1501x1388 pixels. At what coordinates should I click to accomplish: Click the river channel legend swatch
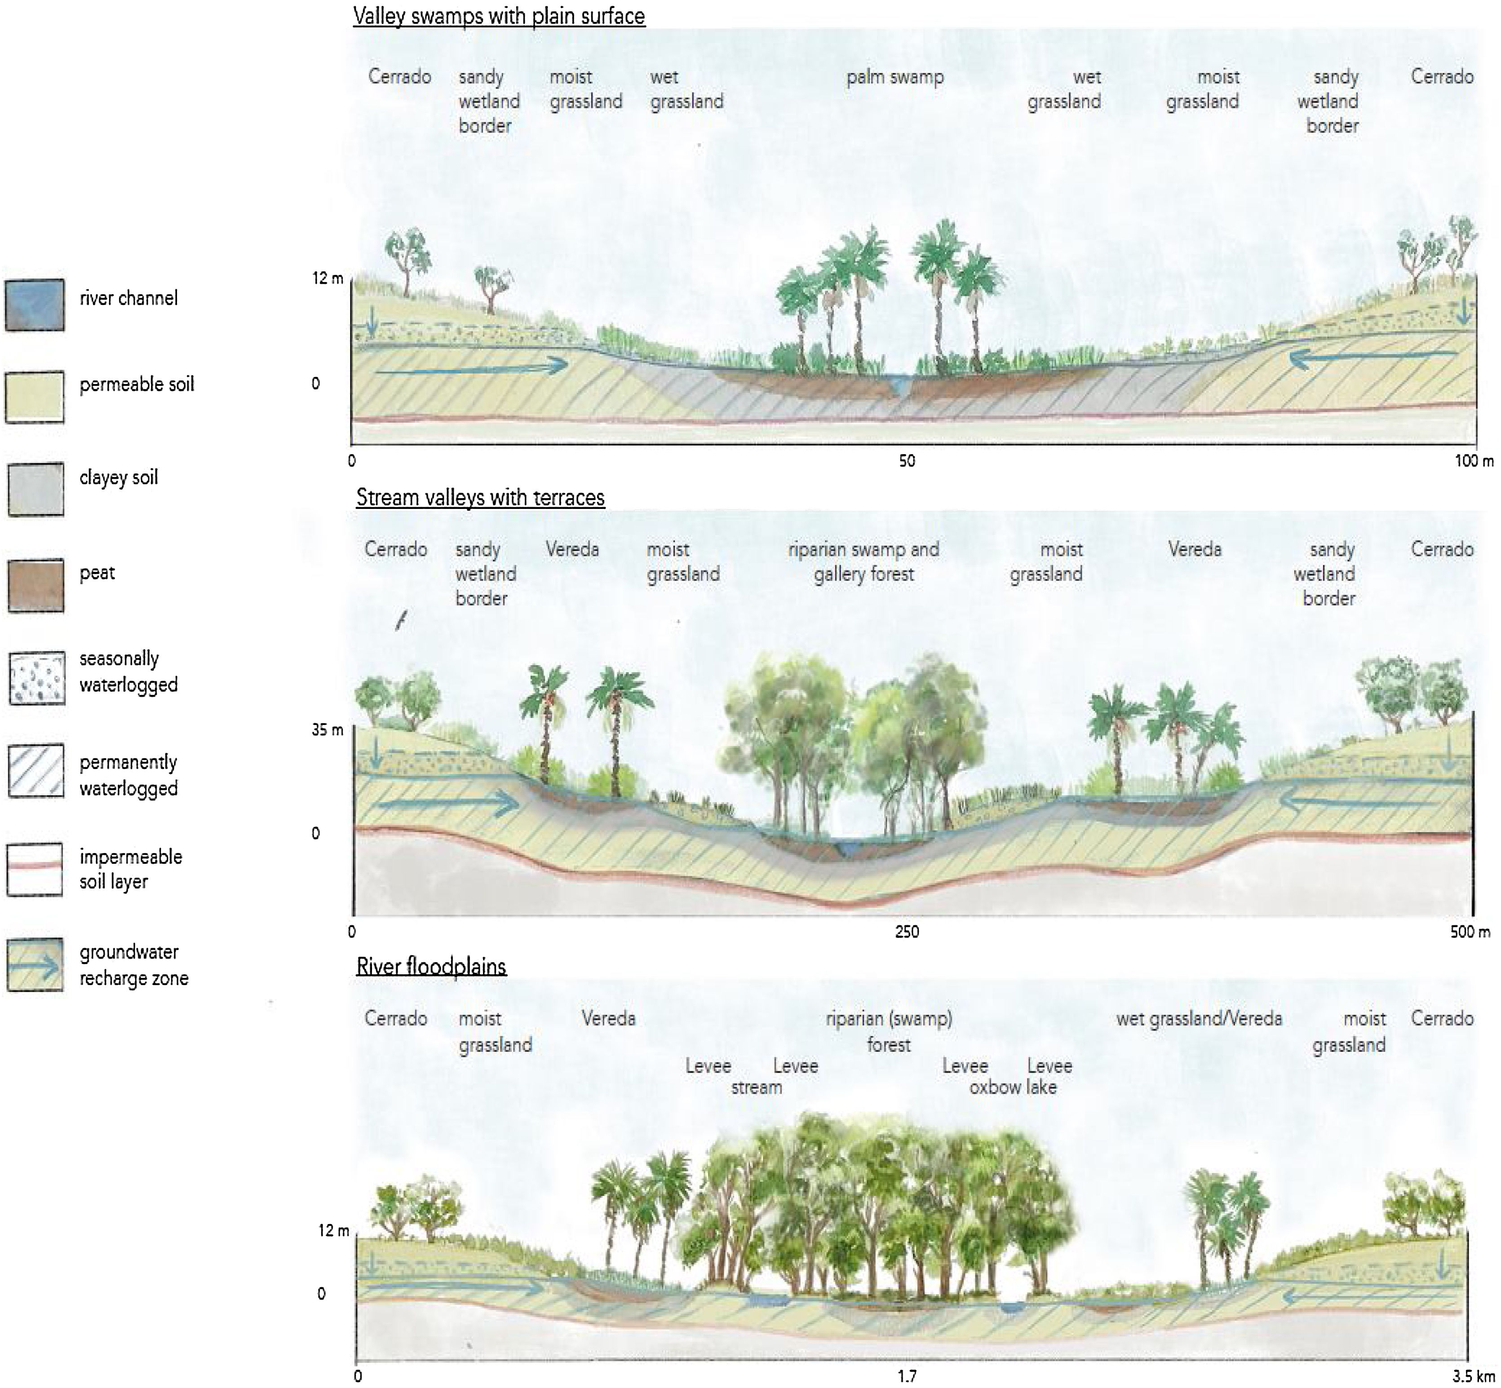click(35, 304)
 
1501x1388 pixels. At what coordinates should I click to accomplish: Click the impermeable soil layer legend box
click(35, 869)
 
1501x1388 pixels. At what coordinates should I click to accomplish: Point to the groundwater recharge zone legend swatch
click(35, 965)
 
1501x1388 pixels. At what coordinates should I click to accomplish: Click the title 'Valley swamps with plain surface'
click(499, 16)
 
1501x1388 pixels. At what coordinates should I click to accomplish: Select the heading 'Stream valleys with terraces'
click(480, 497)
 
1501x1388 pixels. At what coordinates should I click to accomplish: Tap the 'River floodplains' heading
click(431, 966)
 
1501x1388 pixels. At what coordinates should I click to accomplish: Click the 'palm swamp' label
click(895, 77)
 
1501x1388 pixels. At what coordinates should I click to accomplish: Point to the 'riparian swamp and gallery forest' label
click(864, 561)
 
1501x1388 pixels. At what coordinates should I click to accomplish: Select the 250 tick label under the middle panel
click(907, 931)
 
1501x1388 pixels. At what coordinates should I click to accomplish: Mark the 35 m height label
click(328, 729)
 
